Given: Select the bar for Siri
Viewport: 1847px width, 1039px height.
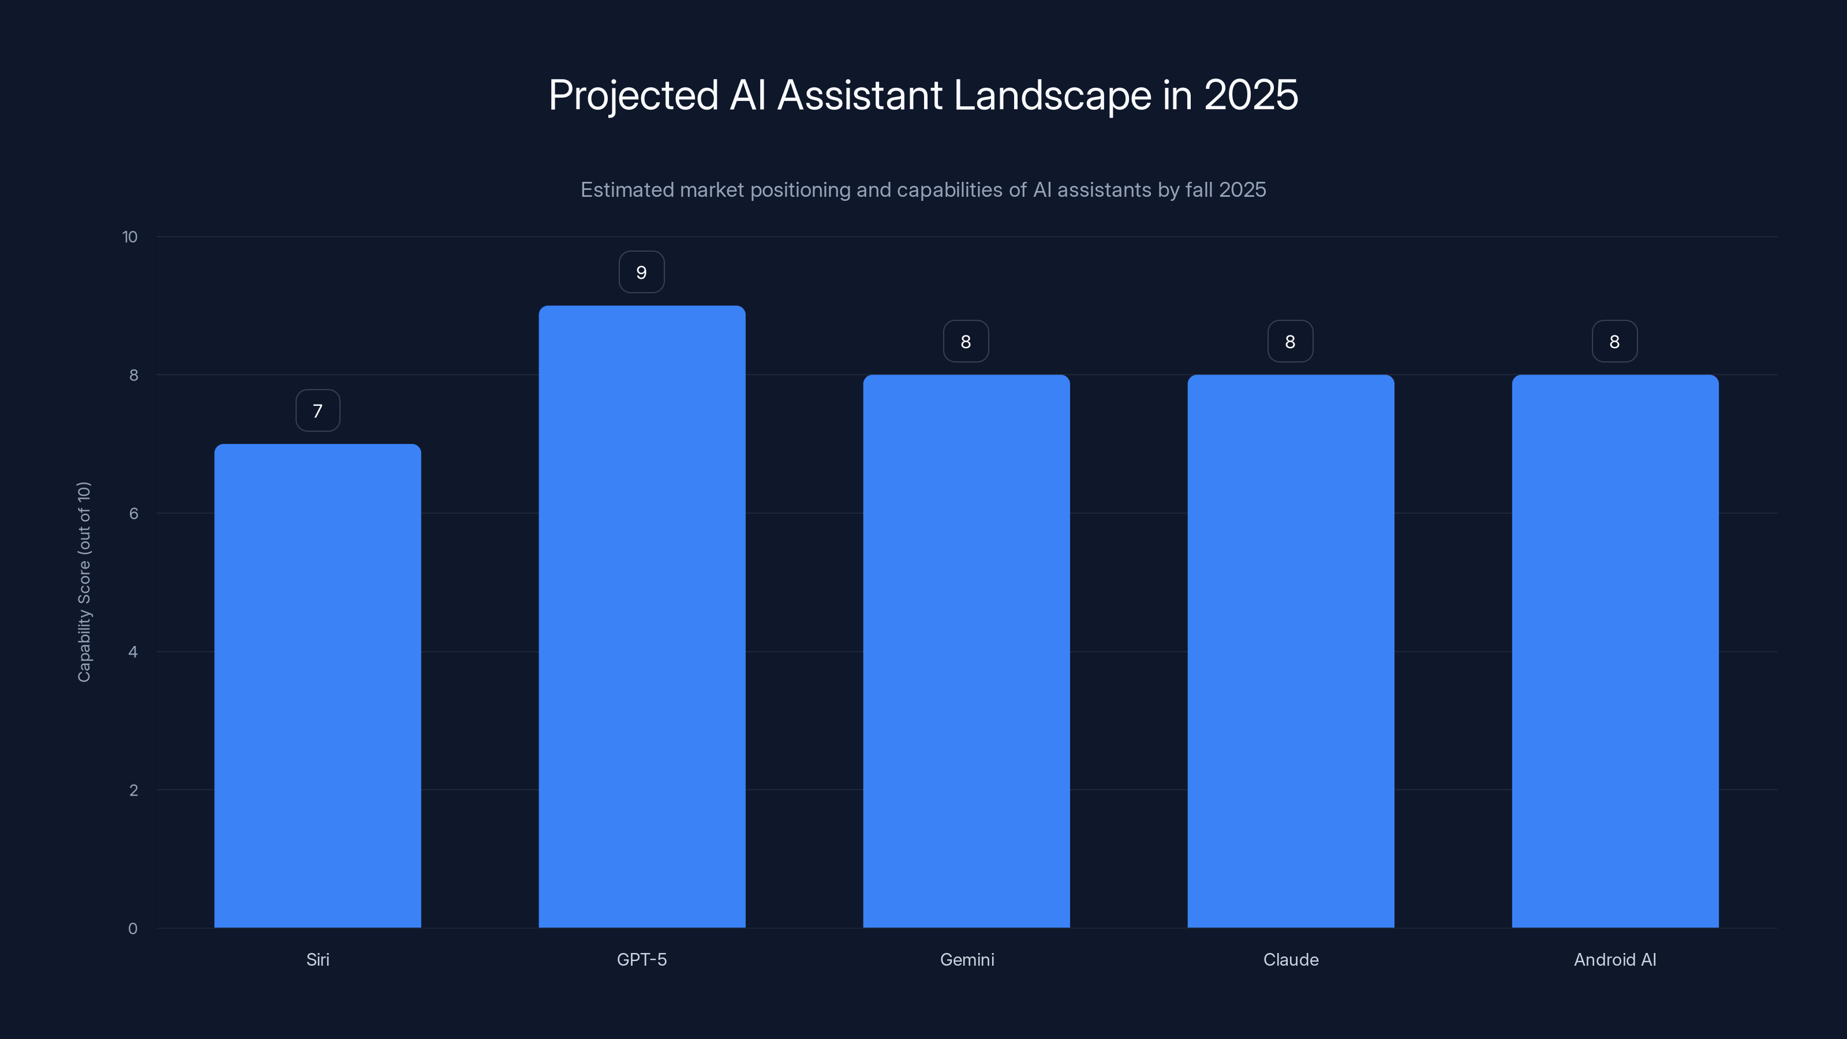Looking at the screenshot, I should click(x=317, y=686).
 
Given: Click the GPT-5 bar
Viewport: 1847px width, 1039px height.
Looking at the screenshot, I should click(x=642, y=616).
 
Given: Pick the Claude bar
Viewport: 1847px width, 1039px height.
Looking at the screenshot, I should click(x=1291, y=651).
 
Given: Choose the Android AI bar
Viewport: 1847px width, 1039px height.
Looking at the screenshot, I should click(x=1615, y=651).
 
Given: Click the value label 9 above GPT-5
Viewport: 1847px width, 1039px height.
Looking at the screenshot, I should click(x=642, y=272).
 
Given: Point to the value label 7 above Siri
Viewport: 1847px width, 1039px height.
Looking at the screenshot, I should click(x=317, y=411).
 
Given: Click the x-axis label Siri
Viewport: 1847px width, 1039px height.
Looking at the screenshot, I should click(x=317, y=959).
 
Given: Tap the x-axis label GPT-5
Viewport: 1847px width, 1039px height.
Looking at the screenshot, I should click(x=642, y=959).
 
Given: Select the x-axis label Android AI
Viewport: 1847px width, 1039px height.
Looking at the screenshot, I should click(x=1615, y=959).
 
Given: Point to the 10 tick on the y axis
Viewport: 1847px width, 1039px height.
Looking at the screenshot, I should click(x=130, y=237).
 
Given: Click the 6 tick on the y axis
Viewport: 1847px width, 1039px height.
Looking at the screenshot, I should click(x=133, y=513).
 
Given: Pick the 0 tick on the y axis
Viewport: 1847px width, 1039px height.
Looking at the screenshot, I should click(x=133, y=929).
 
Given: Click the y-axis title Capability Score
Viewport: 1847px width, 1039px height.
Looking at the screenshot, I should click(x=85, y=581).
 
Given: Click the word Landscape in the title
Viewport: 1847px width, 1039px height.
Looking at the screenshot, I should click(x=1052, y=95).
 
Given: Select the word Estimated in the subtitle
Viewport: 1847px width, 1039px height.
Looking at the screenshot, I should click(x=626, y=190).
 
